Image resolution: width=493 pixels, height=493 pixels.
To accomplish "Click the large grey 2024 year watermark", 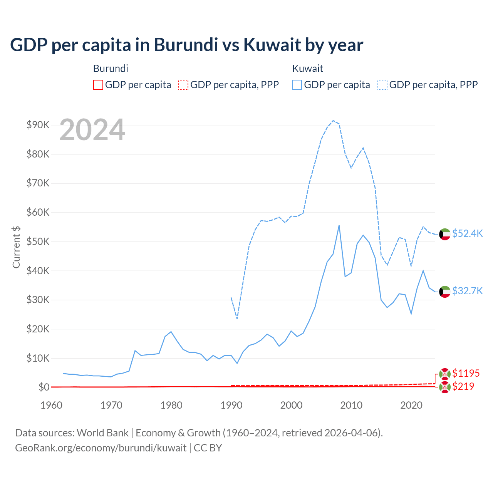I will [x=92, y=130].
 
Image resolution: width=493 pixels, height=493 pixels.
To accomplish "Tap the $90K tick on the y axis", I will [x=38, y=125].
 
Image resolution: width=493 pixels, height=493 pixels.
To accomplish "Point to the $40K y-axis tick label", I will [x=38, y=271].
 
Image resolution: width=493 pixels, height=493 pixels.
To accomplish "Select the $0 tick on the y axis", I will [x=44, y=387].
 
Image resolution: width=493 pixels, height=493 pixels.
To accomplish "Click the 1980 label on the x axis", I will [x=171, y=405].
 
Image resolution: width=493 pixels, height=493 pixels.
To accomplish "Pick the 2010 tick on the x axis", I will [x=351, y=405].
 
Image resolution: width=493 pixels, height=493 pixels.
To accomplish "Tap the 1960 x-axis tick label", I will [x=51, y=405].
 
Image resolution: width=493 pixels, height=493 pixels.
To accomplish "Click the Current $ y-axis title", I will [x=16, y=247].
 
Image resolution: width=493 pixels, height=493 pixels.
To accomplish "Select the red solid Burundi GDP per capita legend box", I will [x=98, y=85].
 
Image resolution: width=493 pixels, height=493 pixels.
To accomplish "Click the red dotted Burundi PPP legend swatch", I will [x=183, y=85].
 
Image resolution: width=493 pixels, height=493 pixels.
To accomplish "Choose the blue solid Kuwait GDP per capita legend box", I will [x=297, y=85].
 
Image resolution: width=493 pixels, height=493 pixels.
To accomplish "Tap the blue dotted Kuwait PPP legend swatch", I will [x=382, y=85].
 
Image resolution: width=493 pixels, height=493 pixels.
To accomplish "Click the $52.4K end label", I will [x=467, y=233].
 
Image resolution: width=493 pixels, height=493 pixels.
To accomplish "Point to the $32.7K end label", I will [x=467, y=291].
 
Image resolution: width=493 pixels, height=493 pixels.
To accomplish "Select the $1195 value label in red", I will [x=466, y=373].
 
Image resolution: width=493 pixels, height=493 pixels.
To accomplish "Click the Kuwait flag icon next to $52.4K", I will [x=445, y=234].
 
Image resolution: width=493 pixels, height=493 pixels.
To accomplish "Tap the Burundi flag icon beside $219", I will [x=445, y=387].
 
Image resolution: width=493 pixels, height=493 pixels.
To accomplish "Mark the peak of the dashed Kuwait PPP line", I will [x=333, y=121].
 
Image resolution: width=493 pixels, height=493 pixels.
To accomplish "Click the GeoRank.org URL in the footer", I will [x=101, y=448].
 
